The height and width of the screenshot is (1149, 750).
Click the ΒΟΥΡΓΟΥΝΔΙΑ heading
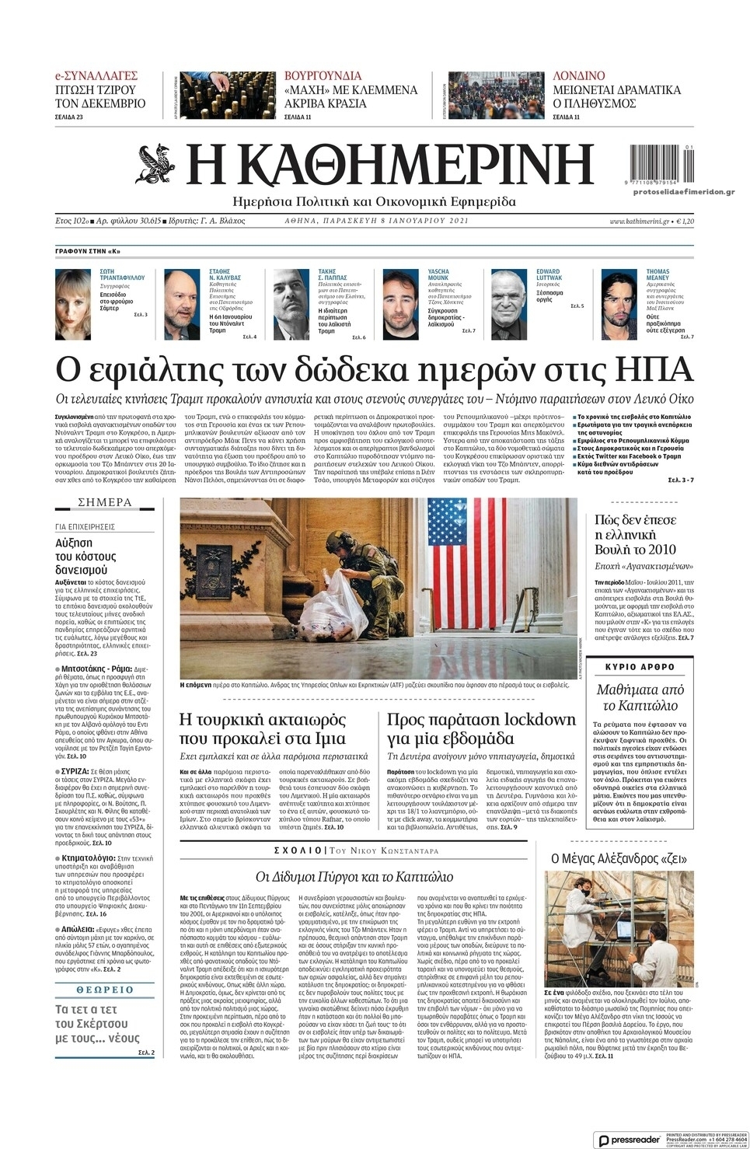click(323, 75)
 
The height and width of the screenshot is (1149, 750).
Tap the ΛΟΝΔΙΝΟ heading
click(578, 75)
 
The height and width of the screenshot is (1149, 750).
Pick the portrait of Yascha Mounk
click(402, 303)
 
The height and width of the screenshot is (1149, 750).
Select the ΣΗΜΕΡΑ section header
click(105, 502)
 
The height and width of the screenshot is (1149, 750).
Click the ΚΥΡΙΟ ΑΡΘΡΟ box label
click(640, 667)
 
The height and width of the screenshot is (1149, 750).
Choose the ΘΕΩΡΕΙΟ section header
click(105, 990)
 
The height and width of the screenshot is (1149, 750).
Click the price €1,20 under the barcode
click(685, 222)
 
